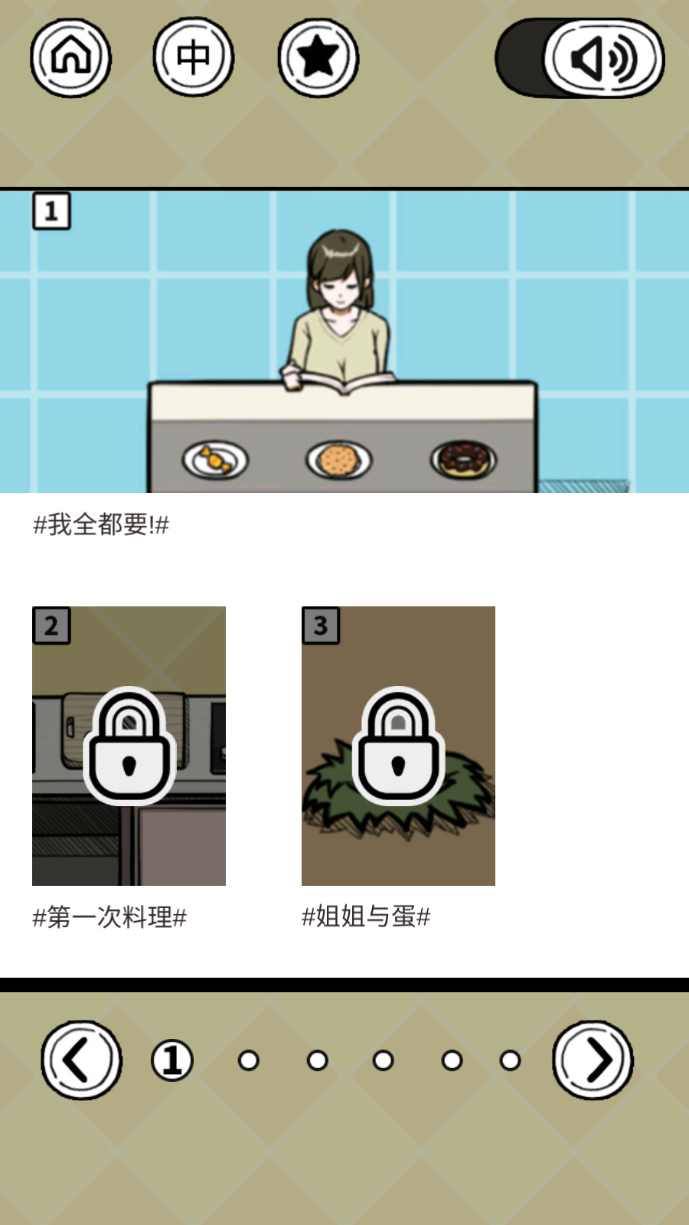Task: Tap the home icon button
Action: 70,57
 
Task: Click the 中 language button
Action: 193,57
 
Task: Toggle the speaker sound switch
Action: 580,57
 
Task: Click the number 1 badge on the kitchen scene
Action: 51,211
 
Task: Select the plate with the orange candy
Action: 215,459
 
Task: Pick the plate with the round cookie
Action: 339,459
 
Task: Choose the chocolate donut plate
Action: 464,459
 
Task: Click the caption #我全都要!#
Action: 101,524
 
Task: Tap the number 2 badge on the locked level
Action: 51,625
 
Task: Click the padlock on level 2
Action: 129,746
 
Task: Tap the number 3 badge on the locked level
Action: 321,625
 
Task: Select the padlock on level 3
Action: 398,746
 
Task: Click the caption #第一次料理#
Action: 109,916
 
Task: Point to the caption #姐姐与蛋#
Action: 366,916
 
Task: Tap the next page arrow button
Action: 593,1060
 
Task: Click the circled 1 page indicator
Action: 172,1060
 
